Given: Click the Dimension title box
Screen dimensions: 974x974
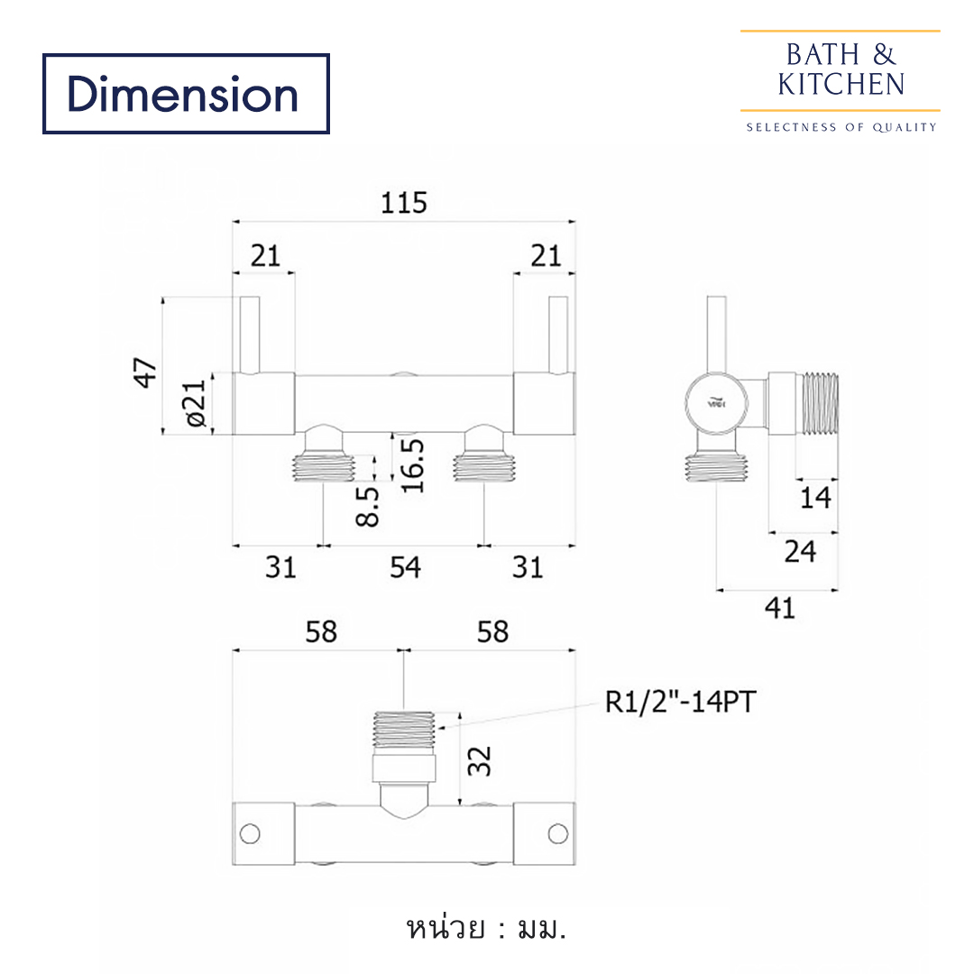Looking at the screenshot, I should (x=186, y=94).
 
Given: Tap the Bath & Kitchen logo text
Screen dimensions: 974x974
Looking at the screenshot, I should (x=841, y=69).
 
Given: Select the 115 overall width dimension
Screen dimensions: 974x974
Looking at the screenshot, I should (x=403, y=203).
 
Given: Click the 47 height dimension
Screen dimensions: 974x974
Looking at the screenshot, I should (x=145, y=372).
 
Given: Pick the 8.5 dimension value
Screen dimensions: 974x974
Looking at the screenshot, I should (x=368, y=505).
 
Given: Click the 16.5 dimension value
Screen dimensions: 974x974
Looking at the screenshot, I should (x=412, y=465).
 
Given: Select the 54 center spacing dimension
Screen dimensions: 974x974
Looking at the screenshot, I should (x=405, y=567).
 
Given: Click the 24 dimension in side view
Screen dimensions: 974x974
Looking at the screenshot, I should (x=799, y=551).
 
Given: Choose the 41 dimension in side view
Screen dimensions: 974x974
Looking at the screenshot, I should (x=779, y=608).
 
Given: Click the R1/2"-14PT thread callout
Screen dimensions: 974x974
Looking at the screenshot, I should (x=678, y=702).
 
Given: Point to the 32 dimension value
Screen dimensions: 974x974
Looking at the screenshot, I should (x=482, y=759).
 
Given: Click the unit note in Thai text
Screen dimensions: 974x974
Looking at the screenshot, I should (x=486, y=928).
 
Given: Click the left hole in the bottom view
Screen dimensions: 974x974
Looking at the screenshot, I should (x=250, y=833).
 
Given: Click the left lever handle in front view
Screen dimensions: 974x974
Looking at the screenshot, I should (x=250, y=335).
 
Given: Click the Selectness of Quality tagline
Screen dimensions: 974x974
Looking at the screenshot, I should (x=841, y=127).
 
